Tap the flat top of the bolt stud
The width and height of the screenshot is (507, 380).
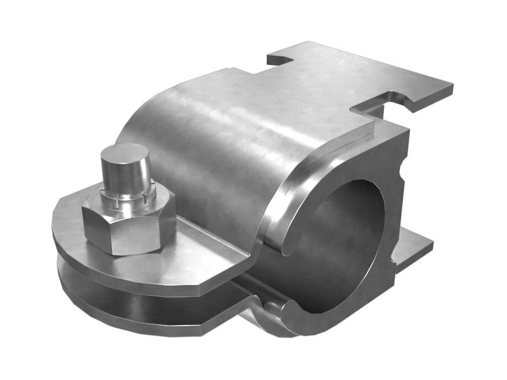(x=124, y=153)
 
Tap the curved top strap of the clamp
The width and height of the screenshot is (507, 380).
(x=215, y=139)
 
